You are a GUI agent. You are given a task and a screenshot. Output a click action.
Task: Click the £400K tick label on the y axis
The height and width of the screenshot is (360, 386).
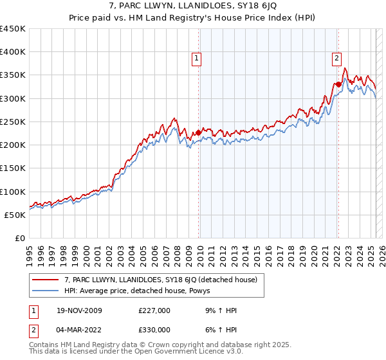click(x=13, y=52)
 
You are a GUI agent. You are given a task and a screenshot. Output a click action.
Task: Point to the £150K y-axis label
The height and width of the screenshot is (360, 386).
click(x=13, y=168)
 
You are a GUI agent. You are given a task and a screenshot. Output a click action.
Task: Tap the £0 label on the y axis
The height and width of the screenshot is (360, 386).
click(x=20, y=238)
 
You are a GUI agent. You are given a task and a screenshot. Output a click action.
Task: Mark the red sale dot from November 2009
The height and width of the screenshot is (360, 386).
click(x=198, y=132)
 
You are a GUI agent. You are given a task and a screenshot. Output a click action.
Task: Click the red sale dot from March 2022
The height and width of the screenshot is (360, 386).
click(x=338, y=84)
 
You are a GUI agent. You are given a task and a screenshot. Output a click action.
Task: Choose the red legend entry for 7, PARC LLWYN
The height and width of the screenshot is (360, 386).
click(x=161, y=280)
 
